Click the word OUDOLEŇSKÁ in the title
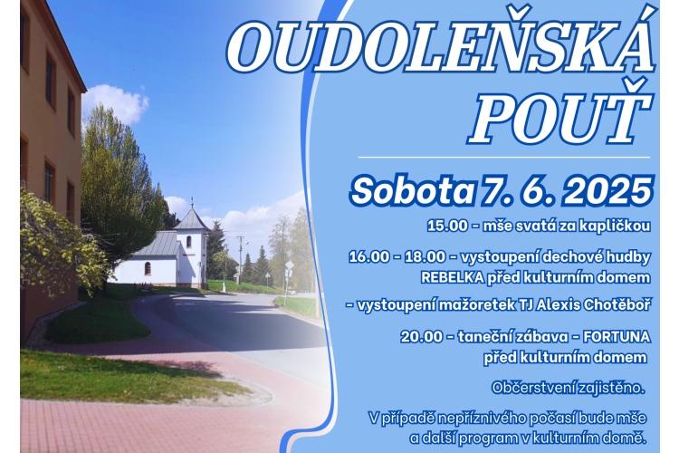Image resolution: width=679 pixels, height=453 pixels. (439, 46)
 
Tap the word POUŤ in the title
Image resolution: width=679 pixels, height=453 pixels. (559, 111)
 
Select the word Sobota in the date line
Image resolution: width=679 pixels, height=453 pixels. (412, 191)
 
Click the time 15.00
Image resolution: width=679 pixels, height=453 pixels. (447, 226)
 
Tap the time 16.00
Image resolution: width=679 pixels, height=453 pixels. (369, 257)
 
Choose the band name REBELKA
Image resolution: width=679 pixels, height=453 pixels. (453, 278)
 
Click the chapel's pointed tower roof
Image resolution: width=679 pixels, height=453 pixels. (192, 217)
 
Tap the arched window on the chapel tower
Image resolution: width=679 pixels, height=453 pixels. (189, 242)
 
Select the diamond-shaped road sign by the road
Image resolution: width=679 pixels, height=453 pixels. (290, 265)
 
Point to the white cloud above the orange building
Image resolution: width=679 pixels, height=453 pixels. (115, 104)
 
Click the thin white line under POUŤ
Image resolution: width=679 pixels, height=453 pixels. (504, 157)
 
